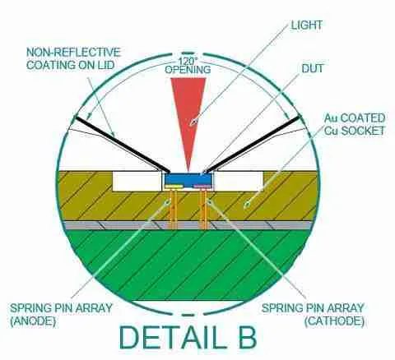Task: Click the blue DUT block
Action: point(188,178)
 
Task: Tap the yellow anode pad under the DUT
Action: point(174,187)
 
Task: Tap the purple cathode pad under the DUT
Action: point(202,187)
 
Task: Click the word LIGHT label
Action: point(306,25)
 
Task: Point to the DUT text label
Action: point(313,68)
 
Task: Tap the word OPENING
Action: point(188,69)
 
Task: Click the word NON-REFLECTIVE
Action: point(73,52)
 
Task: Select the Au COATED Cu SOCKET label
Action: point(355,124)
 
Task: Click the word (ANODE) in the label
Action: point(33,321)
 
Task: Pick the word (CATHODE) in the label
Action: point(334,321)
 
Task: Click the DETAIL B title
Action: point(188,337)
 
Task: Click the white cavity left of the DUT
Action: point(137,181)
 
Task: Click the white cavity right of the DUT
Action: point(239,181)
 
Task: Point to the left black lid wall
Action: point(123,145)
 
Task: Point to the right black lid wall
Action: point(253,144)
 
